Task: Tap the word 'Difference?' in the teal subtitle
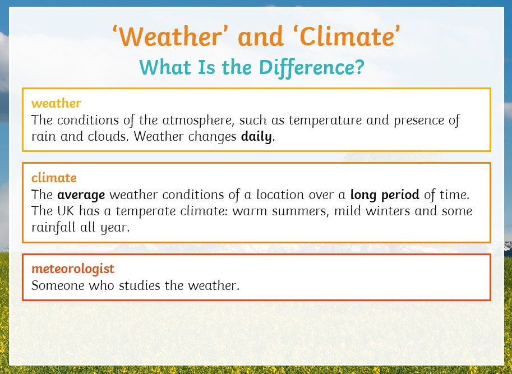coord(311,67)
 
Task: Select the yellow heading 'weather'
coord(56,104)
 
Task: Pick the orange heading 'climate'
coord(54,178)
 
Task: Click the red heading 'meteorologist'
coord(73,269)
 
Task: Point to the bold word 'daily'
coord(256,136)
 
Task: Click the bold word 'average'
coord(81,195)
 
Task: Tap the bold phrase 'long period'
coord(385,195)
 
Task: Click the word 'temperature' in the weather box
coord(325,121)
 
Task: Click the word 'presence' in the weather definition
coord(418,121)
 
